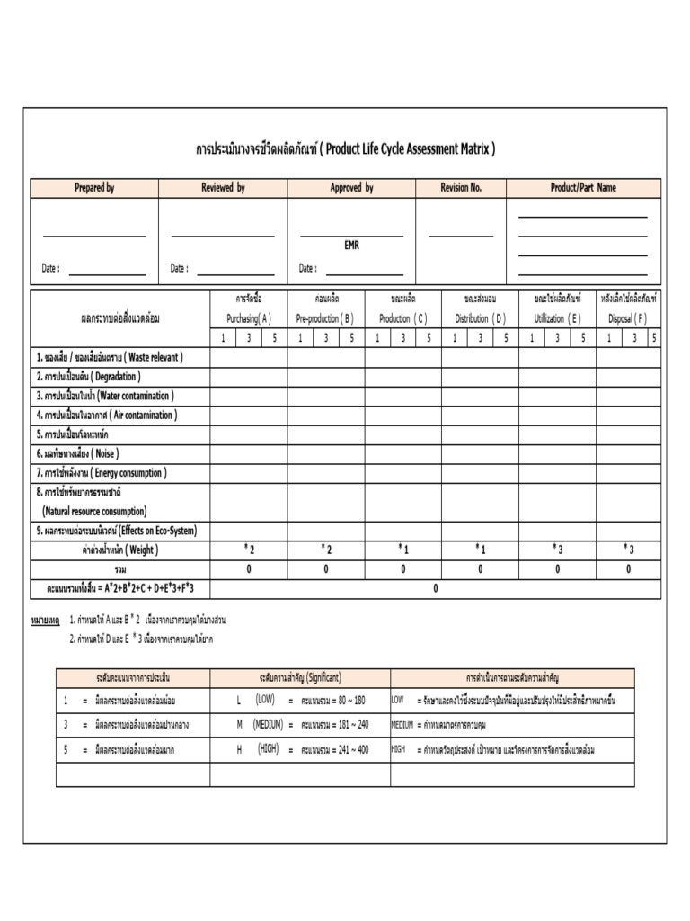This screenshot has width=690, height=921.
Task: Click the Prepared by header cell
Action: click(94, 188)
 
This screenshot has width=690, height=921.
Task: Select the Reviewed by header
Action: click(223, 188)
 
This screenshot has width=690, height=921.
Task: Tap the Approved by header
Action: click(351, 188)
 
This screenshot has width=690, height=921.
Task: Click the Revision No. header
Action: click(461, 188)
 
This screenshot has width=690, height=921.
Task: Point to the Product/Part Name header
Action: click(583, 188)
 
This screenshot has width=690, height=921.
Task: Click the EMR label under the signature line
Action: click(351, 246)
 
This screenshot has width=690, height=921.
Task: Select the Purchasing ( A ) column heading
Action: click(248, 318)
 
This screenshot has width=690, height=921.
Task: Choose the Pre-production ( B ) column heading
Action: click(325, 318)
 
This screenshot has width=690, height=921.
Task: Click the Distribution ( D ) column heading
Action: click(480, 318)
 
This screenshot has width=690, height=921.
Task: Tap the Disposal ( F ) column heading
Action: click(627, 318)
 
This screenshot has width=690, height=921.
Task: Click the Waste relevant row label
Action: click(109, 357)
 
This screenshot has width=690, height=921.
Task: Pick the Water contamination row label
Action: click(105, 396)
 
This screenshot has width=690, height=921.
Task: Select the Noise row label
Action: click(77, 453)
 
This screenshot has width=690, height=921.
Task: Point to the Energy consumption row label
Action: click(102, 473)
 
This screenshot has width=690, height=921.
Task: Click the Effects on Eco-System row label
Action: click(116, 531)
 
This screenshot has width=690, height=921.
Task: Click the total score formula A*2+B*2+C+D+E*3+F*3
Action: click(120, 588)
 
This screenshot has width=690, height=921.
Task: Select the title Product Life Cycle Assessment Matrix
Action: click(345, 148)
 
